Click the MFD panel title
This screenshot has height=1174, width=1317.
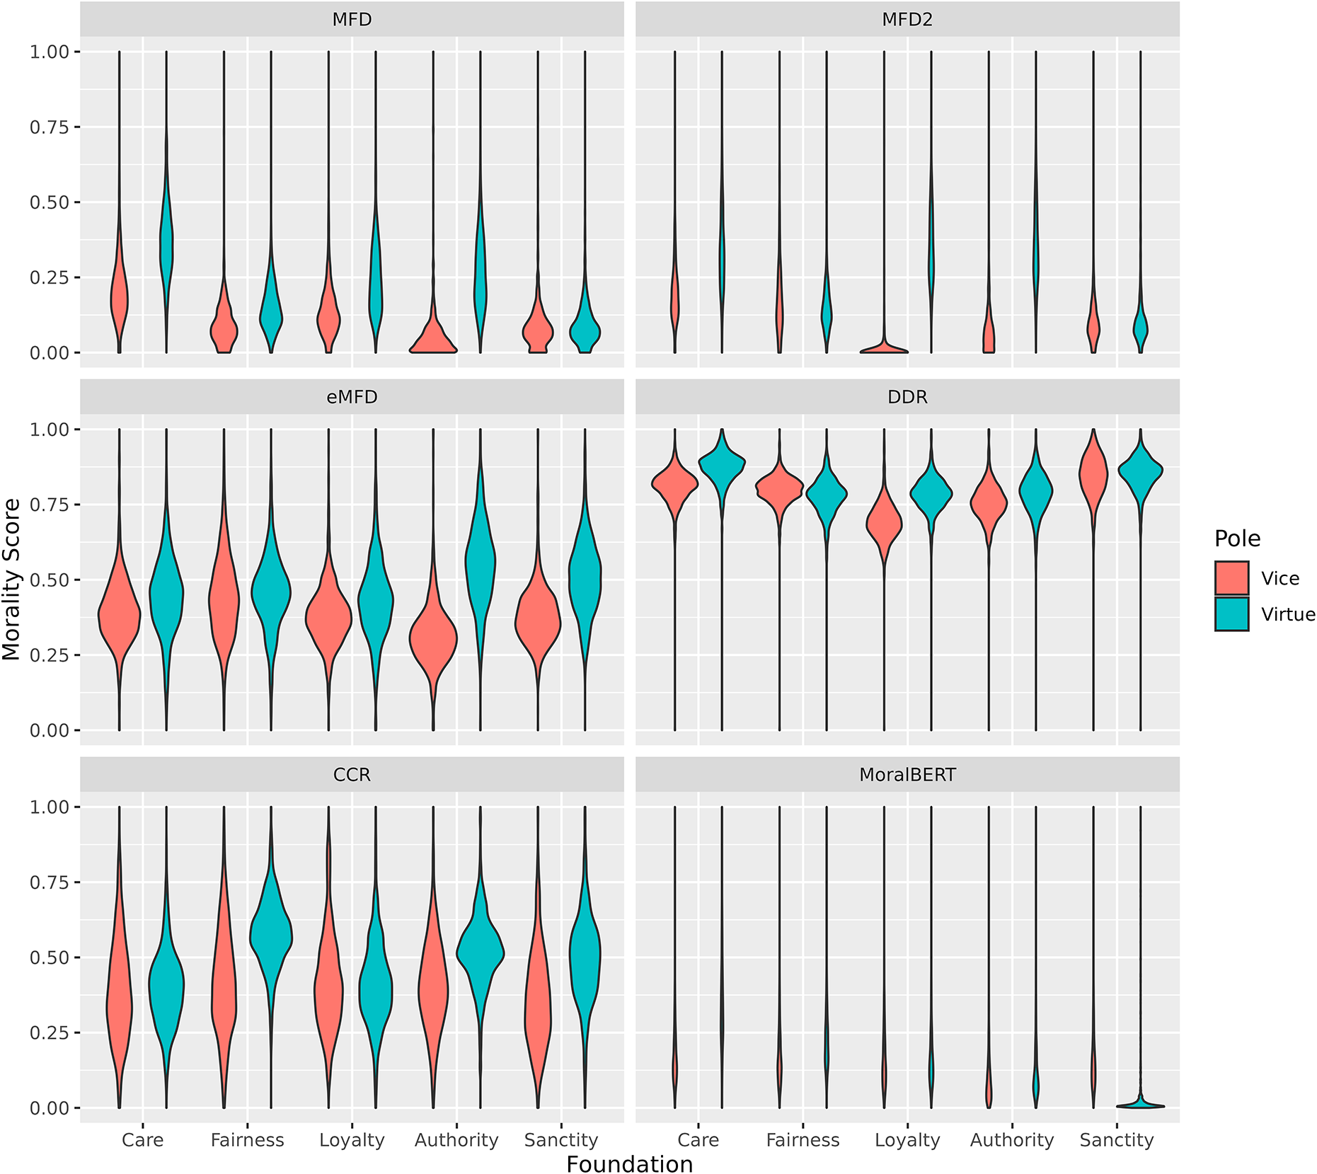pyautogui.click(x=352, y=20)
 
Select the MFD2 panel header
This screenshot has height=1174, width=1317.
pyautogui.click(x=907, y=20)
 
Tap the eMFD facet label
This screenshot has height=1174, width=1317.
pyautogui.click(x=352, y=397)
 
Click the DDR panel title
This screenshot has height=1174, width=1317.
pyautogui.click(x=907, y=397)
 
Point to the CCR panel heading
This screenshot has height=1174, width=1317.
pyautogui.click(x=352, y=775)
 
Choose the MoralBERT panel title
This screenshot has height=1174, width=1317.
pyautogui.click(x=907, y=775)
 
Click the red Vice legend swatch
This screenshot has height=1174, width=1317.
pyautogui.click(x=1231, y=578)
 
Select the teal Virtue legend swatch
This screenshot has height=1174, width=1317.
pyautogui.click(x=1231, y=614)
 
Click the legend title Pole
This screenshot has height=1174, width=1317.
pyautogui.click(x=1237, y=539)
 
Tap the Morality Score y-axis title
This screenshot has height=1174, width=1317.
pyautogui.click(x=12, y=579)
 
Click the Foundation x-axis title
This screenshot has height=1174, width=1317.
pyautogui.click(x=629, y=1164)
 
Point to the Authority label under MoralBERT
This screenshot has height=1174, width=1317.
pyautogui.click(x=1011, y=1140)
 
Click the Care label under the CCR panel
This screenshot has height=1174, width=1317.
pyautogui.click(x=142, y=1140)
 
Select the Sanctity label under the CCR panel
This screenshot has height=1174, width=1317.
pyautogui.click(x=560, y=1140)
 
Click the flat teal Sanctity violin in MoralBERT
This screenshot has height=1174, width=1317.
pyautogui.click(x=1140, y=1105)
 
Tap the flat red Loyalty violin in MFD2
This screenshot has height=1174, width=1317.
pyautogui.click(x=884, y=349)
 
